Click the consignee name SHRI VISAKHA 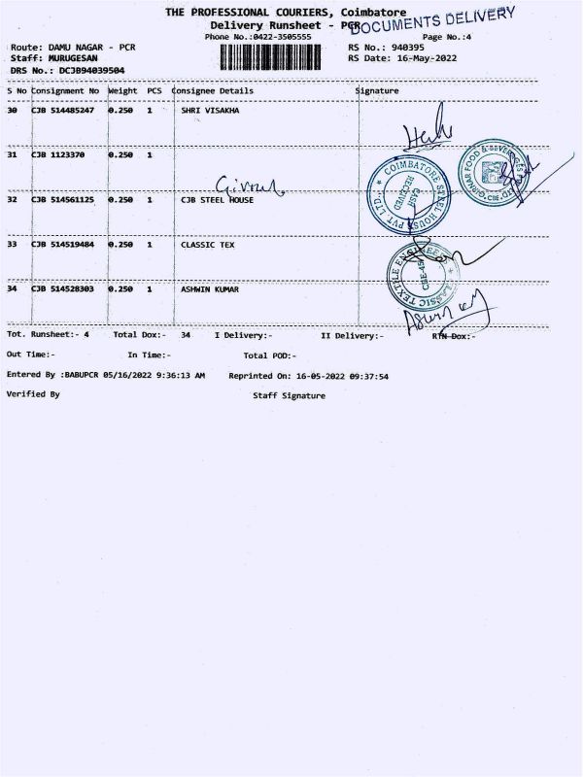(x=210, y=111)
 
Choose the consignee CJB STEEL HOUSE (x=217, y=200)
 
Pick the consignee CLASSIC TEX (x=207, y=245)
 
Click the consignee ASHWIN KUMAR (x=210, y=289)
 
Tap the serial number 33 (x=12, y=245)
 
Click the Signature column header (x=377, y=90)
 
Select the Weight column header (x=122, y=90)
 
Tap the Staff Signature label (x=290, y=395)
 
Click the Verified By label (x=33, y=394)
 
